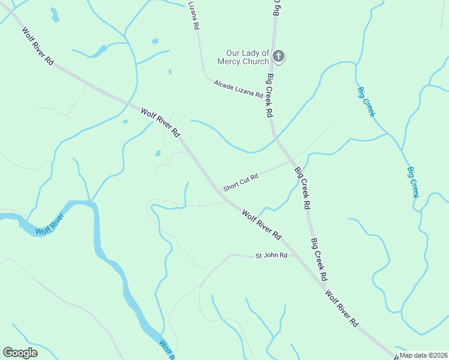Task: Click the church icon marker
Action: [278, 56]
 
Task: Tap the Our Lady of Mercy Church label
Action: [247, 58]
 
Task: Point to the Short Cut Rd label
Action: [241, 182]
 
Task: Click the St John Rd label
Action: [271, 256]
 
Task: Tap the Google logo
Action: [20, 352]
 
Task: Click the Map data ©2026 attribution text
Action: [423, 355]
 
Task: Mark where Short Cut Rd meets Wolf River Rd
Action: [220, 191]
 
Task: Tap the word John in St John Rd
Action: [272, 256]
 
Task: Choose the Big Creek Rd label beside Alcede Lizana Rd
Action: [270, 95]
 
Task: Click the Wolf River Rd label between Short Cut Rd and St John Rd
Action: [262, 222]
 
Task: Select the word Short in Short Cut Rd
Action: [231, 187]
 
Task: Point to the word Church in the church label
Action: [256, 62]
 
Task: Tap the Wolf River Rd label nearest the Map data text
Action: [342, 309]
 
